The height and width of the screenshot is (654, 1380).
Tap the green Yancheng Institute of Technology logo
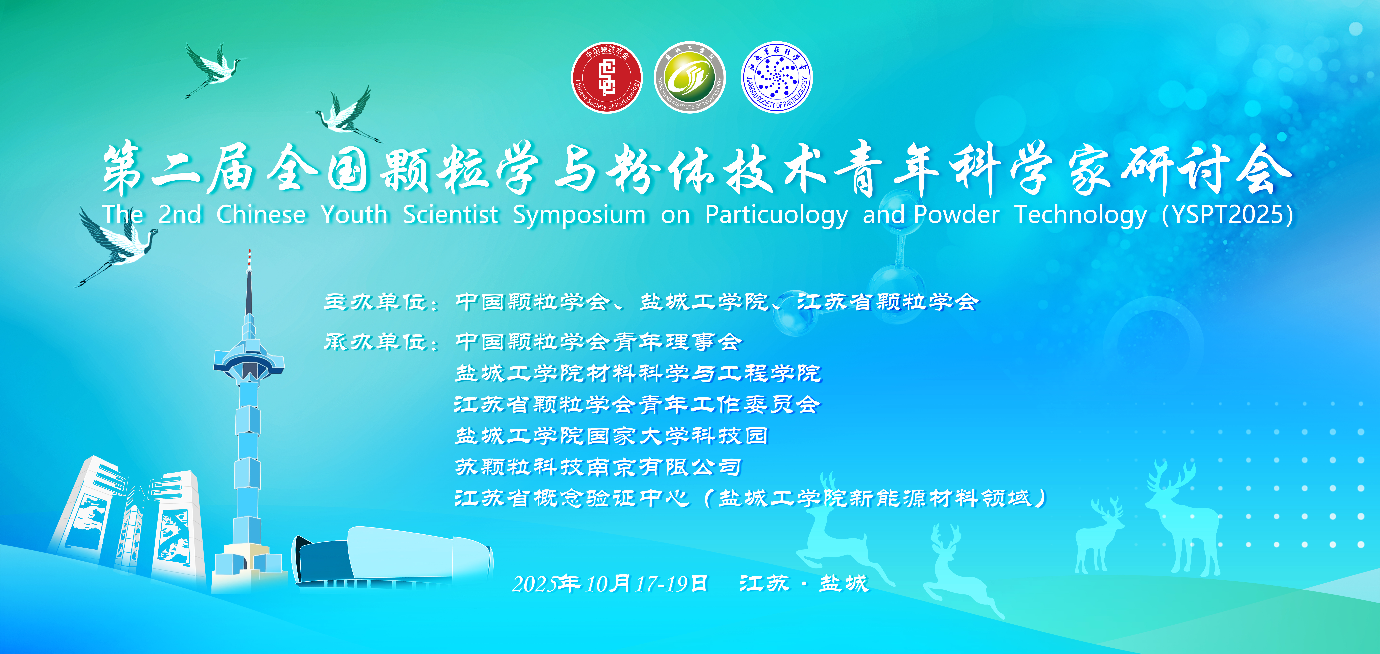(x=690, y=78)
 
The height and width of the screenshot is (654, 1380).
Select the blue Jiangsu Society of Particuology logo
(x=776, y=78)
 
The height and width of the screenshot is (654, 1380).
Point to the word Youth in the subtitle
(x=355, y=214)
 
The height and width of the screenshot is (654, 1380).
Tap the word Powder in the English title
(x=957, y=214)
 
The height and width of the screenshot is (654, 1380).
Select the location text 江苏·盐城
(x=804, y=583)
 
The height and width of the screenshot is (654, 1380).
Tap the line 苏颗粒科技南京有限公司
(x=598, y=467)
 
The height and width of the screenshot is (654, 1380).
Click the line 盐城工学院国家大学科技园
(x=611, y=436)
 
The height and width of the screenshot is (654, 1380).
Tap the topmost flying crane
(x=214, y=70)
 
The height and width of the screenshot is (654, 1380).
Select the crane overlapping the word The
(x=118, y=244)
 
